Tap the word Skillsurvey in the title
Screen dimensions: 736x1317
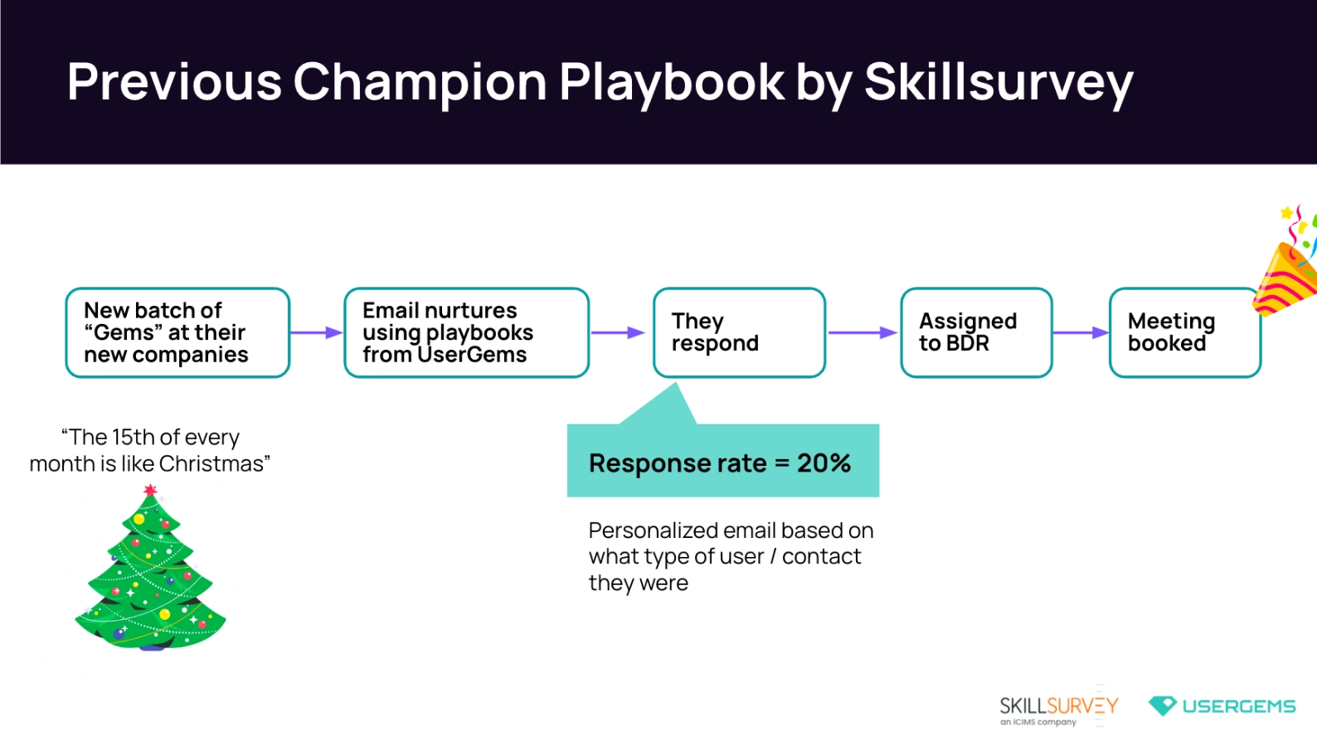[x=998, y=83]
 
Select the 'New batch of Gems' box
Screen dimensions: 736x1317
[x=177, y=332]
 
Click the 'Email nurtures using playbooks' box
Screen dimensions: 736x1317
[x=466, y=332]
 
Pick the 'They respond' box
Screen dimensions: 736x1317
[x=739, y=332]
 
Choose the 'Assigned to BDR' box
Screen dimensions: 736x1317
[x=976, y=332]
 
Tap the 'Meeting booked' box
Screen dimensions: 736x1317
[x=1184, y=332]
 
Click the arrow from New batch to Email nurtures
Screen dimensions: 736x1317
[x=316, y=332]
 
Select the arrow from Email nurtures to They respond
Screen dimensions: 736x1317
[x=618, y=332]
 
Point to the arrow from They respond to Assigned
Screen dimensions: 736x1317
[x=863, y=332]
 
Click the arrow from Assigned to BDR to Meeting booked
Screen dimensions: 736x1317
[x=1081, y=332]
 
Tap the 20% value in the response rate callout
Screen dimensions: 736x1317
[x=824, y=462]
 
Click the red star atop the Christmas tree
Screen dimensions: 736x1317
[x=150, y=491]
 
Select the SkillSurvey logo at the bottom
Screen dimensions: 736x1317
[x=1058, y=708]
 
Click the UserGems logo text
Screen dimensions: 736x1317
[x=1238, y=706]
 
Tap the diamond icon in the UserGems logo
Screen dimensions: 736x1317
[x=1162, y=705]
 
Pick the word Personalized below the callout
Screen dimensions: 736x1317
[x=654, y=530]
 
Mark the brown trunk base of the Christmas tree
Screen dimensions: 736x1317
[x=150, y=646]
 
